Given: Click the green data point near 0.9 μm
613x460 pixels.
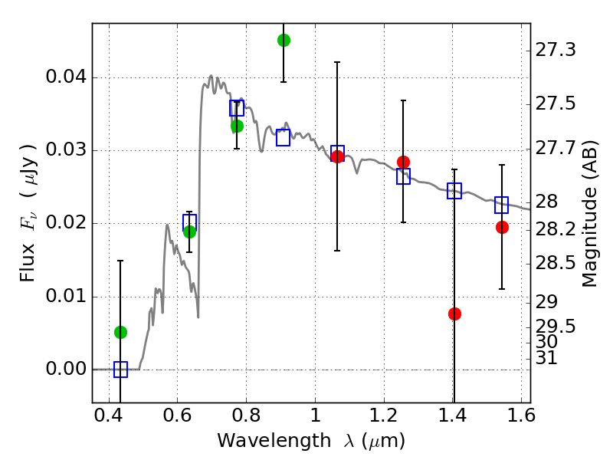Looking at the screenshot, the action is (x=284, y=40).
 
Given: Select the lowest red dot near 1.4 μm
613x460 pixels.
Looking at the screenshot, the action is (x=454, y=314).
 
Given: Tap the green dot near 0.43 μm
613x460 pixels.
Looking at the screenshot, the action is (x=120, y=333).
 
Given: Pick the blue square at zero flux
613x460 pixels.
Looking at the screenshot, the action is (x=120, y=370).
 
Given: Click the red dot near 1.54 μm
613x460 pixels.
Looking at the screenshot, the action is (x=502, y=227).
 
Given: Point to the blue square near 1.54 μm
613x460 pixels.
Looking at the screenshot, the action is (x=501, y=205).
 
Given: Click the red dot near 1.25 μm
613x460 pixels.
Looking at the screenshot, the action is (x=404, y=162).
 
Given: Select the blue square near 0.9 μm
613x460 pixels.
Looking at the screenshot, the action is (x=283, y=138).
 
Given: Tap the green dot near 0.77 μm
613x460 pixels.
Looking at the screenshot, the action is (x=237, y=127).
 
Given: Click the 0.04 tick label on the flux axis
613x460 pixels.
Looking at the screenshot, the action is (x=66, y=77).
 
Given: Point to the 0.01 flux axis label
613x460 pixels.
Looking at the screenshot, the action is (x=66, y=296).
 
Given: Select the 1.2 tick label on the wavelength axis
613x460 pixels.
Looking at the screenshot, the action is (x=384, y=416).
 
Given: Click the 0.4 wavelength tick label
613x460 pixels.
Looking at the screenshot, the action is (x=109, y=416).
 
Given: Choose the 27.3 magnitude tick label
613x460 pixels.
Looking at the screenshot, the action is (x=556, y=50).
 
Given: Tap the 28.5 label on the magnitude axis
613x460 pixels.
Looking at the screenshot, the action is (x=556, y=263).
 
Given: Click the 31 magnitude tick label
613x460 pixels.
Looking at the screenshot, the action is (x=546, y=358).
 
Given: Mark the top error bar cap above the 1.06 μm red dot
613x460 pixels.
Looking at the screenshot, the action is (x=337, y=62).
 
